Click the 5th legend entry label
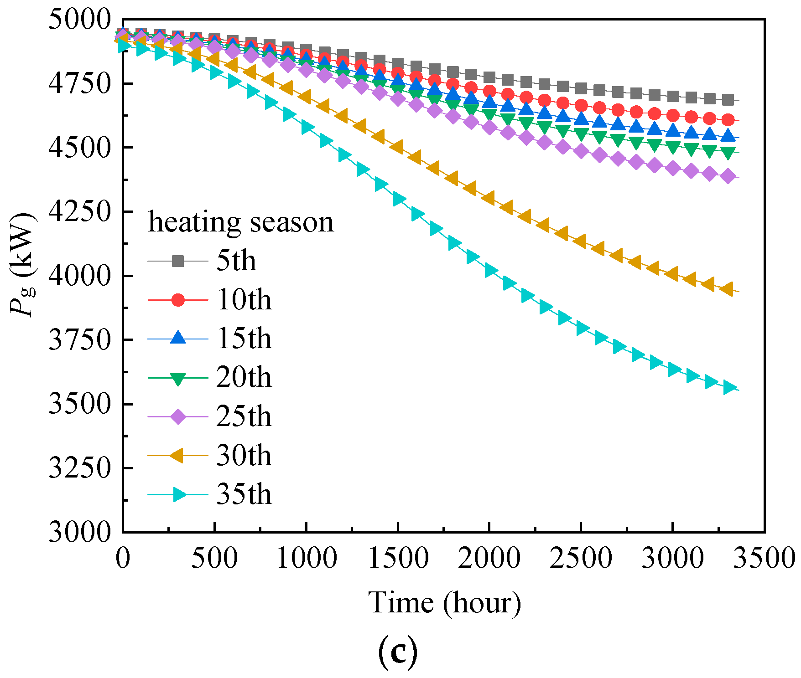click(x=236, y=261)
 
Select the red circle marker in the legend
click(x=178, y=300)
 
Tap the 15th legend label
click(x=244, y=339)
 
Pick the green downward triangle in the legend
click(x=178, y=378)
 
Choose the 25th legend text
click(x=244, y=416)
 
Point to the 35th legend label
click(x=244, y=494)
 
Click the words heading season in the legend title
click(x=241, y=223)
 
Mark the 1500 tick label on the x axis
click(x=398, y=558)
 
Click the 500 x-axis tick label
click(x=214, y=558)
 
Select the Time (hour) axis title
click(x=444, y=603)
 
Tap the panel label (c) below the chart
click(x=398, y=652)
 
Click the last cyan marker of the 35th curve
click(x=729, y=388)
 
